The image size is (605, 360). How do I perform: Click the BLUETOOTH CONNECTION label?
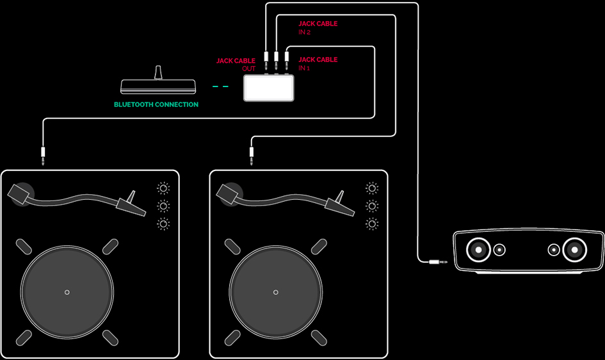(x=156, y=104)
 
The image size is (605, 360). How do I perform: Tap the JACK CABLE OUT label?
(x=236, y=65)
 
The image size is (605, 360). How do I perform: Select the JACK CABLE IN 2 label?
(x=318, y=28)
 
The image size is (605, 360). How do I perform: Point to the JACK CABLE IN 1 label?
(x=318, y=63)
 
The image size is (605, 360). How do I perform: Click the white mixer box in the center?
(x=269, y=88)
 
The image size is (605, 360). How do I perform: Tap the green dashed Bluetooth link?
(x=220, y=86)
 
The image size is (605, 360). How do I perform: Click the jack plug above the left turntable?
(x=44, y=155)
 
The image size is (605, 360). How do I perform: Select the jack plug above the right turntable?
(x=252, y=155)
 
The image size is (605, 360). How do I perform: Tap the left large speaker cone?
(x=478, y=250)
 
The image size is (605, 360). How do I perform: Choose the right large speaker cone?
(x=574, y=250)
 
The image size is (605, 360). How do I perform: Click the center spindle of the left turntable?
(x=67, y=292)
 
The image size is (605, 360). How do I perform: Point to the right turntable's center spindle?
(x=276, y=292)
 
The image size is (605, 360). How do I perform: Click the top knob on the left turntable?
(x=163, y=188)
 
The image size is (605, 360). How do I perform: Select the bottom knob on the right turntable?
(x=372, y=224)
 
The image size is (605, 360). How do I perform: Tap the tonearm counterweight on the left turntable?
(x=21, y=192)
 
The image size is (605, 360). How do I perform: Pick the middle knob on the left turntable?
(x=163, y=206)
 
